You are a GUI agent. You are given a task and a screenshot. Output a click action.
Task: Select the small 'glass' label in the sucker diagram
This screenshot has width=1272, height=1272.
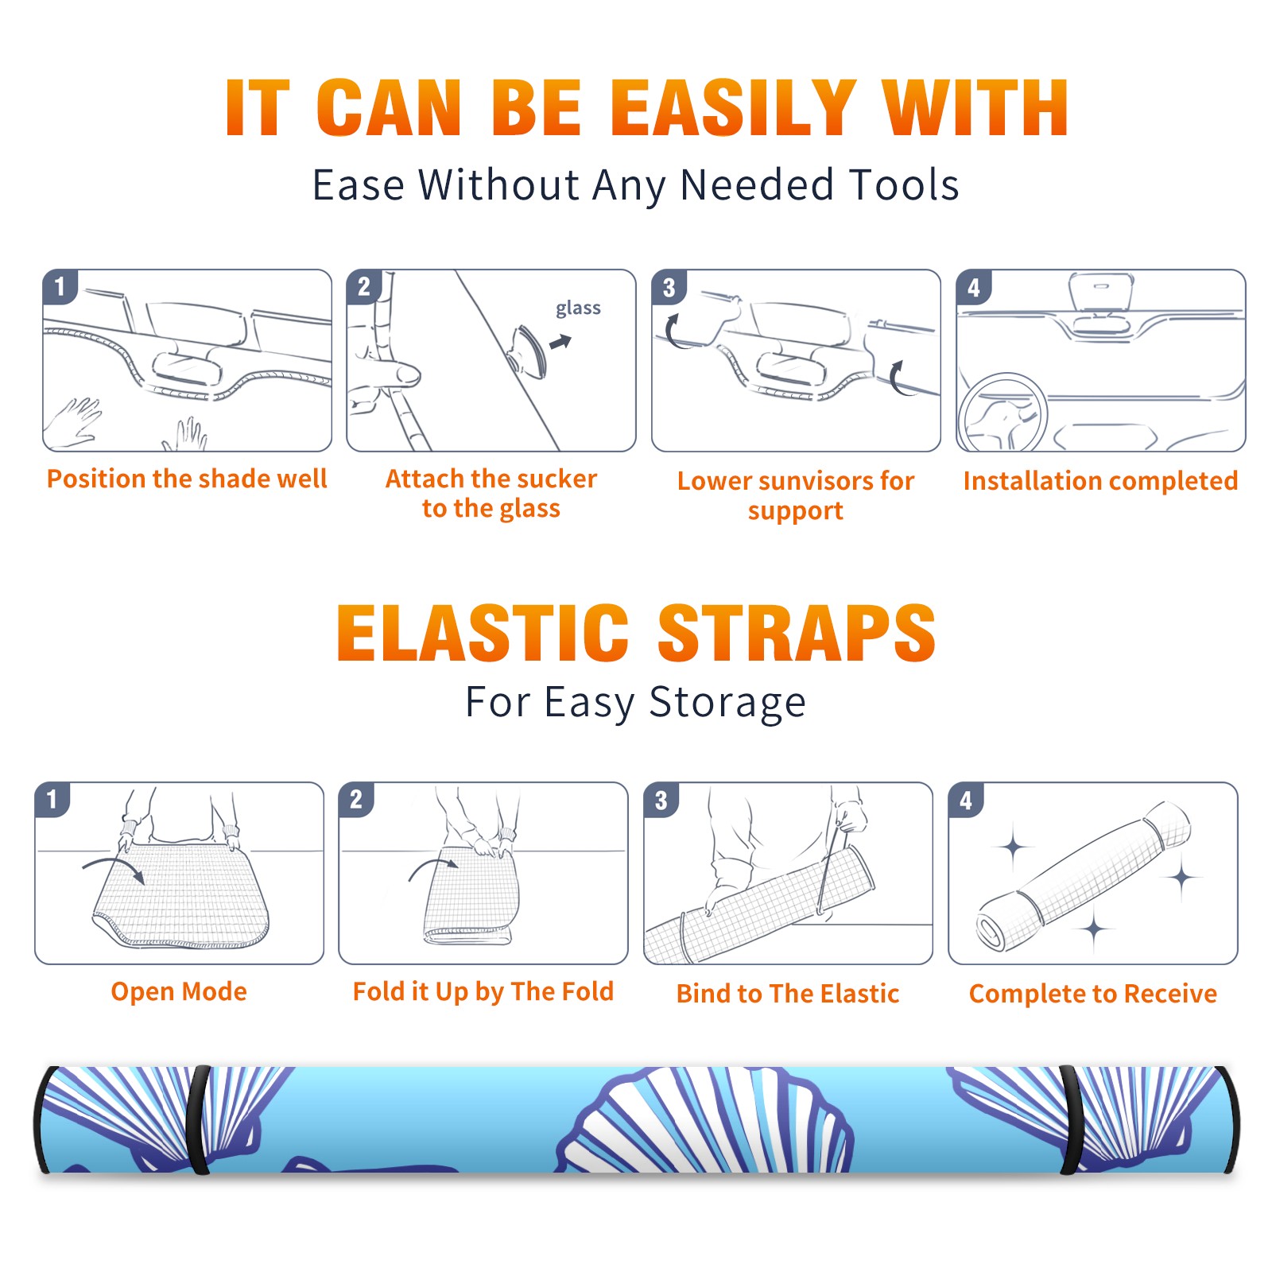click(578, 308)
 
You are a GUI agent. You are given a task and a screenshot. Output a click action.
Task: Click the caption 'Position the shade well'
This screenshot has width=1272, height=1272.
click(187, 479)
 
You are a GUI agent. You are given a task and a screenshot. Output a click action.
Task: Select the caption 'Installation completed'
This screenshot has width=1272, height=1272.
click(1100, 480)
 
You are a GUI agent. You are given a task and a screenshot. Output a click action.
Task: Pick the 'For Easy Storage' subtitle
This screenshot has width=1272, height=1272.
click(636, 702)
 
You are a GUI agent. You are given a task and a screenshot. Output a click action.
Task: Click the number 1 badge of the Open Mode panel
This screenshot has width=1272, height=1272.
click(52, 799)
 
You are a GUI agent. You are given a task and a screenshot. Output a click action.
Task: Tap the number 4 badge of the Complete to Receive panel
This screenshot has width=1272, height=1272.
click(966, 800)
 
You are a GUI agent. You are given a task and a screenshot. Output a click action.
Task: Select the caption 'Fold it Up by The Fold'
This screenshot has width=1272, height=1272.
click(483, 991)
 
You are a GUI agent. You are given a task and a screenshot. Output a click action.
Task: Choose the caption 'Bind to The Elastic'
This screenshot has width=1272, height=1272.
click(788, 993)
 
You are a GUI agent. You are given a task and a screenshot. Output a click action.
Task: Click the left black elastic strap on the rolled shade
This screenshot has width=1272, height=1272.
click(199, 1120)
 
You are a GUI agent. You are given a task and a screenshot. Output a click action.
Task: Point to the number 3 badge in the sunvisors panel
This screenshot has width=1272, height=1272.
click(669, 287)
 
